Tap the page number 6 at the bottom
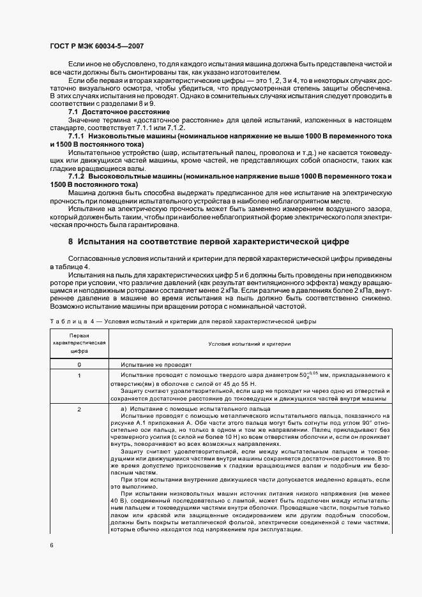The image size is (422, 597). point(52,544)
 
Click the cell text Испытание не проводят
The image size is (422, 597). point(150,364)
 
